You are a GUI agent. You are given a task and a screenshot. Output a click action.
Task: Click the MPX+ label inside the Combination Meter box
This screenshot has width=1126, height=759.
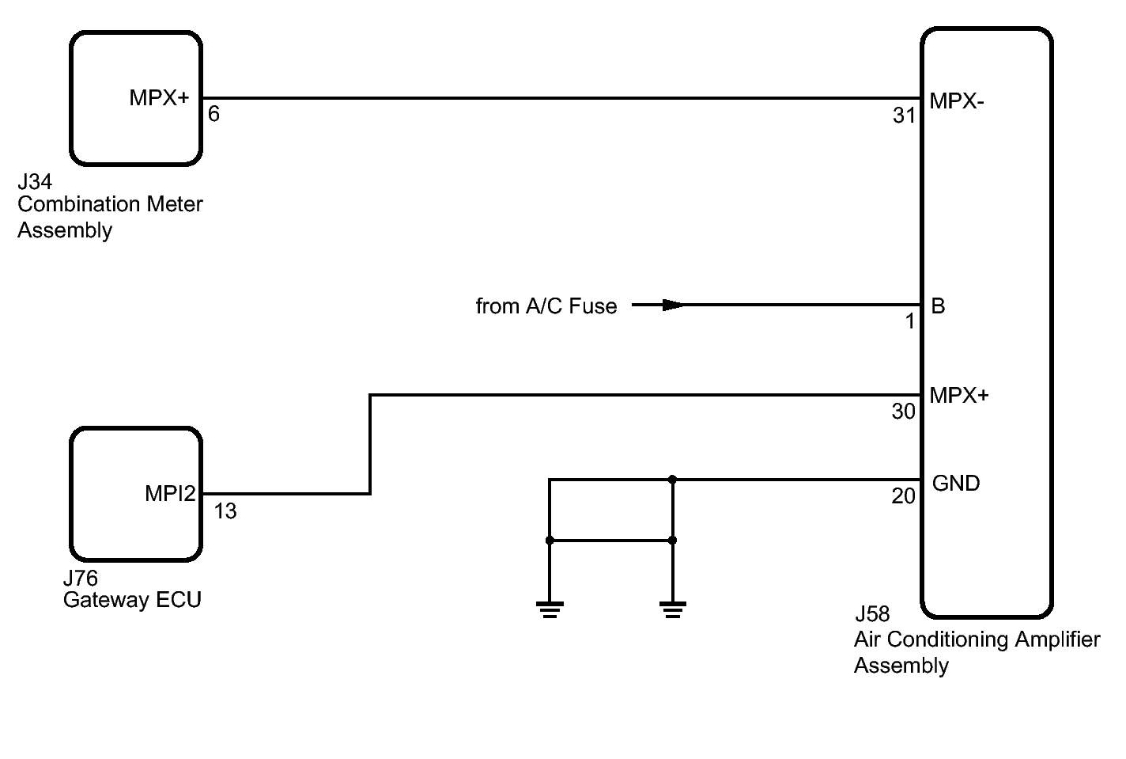pos(159,97)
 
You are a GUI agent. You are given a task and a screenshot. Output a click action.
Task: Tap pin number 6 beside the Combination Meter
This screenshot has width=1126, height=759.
pos(213,114)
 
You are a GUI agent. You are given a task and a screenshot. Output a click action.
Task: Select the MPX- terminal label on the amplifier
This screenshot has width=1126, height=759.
pos(957,101)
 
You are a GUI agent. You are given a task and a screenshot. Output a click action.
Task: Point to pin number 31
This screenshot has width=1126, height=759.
pos(904,116)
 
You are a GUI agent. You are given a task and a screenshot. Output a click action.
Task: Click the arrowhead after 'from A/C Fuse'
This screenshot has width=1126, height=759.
pos(674,305)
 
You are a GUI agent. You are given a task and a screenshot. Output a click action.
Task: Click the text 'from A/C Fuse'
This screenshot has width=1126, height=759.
pos(546,305)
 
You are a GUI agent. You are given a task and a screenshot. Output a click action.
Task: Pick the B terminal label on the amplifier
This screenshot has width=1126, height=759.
pos(938,305)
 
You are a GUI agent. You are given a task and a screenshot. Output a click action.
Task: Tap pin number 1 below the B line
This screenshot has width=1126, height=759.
pos(910,321)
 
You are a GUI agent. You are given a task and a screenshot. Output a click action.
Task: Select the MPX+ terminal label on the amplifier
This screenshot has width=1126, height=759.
pos(959,396)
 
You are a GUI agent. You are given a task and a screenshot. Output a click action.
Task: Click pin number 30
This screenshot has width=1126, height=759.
pos(903,412)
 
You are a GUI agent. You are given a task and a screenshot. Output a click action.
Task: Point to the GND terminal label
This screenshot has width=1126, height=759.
pos(955,484)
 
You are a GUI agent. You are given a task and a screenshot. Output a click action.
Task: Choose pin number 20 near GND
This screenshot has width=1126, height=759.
pos(903,496)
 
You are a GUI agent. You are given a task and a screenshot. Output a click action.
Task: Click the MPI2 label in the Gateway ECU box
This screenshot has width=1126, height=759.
pos(170,493)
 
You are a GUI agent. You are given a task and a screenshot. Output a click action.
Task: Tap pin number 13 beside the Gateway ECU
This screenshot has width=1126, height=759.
pos(225,511)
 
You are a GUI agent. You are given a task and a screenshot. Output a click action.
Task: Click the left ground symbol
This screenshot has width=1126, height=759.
pos(550,609)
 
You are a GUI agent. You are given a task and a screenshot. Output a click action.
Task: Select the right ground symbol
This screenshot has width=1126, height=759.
pos(673,609)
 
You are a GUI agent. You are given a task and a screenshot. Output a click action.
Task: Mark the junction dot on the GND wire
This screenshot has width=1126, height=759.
pos(673,480)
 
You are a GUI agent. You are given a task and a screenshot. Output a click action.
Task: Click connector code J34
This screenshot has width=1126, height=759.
pos(35,181)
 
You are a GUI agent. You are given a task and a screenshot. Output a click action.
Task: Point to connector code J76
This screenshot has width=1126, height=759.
pos(81,579)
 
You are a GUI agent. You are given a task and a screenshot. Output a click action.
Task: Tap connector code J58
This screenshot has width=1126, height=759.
pos(873,614)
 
